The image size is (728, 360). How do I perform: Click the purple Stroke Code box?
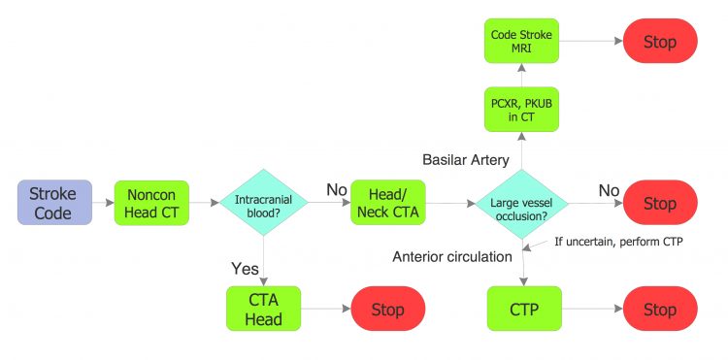coord(53,202)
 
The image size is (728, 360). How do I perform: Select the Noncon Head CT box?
coord(152,202)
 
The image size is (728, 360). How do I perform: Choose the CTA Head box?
coord(263,310)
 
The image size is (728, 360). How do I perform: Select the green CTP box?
coord(524,310)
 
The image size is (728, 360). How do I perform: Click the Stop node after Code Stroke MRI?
coord(660,42)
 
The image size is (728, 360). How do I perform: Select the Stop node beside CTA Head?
coord(388,310)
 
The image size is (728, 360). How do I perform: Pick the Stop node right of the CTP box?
coord(660,310)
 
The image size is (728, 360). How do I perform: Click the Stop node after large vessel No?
coord(660,203)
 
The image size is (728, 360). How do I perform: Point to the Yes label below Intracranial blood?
coord(245,267)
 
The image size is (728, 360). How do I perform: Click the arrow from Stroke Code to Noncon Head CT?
coord(102,202)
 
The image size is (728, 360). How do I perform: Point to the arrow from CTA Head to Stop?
coord(325,310)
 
